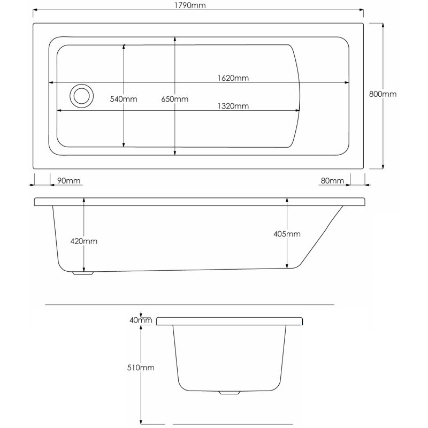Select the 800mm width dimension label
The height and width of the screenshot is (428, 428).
click(383, 94)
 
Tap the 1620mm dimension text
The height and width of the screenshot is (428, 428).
click(234, 78)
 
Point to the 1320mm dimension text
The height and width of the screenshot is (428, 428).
click(234, 105)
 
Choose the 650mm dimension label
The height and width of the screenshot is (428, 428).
click(175, 99)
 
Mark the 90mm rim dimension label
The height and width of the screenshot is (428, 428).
click(68, 180)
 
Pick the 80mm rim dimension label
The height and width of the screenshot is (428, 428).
click(332, 180)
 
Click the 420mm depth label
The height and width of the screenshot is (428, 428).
click(84, 241)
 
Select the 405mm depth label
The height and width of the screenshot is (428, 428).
click(287, 234)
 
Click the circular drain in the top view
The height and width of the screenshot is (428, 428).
click(82, 96)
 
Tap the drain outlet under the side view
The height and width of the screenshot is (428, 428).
click(83, 273)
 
